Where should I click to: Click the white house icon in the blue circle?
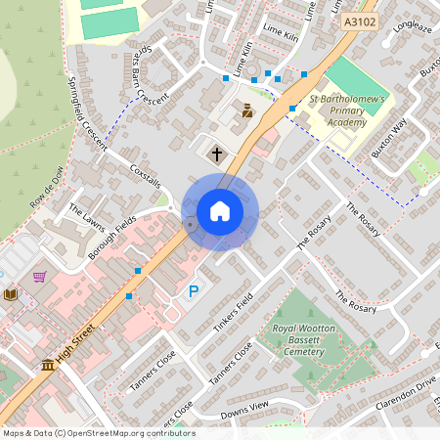pyautogui.click(x=220, y=211)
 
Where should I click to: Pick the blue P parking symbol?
pyautogui.click(x=194, y=291)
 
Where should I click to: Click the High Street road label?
pyautogui.click(x=76, y=348)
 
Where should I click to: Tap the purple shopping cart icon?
pyautogui.click(x=39, y=277)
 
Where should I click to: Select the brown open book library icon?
pyautogui.click(x=10, y=294)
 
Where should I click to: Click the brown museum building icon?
pyautogui.click(x=47, y=366)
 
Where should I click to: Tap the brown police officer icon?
pyautogui.click(x=247, y=110)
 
